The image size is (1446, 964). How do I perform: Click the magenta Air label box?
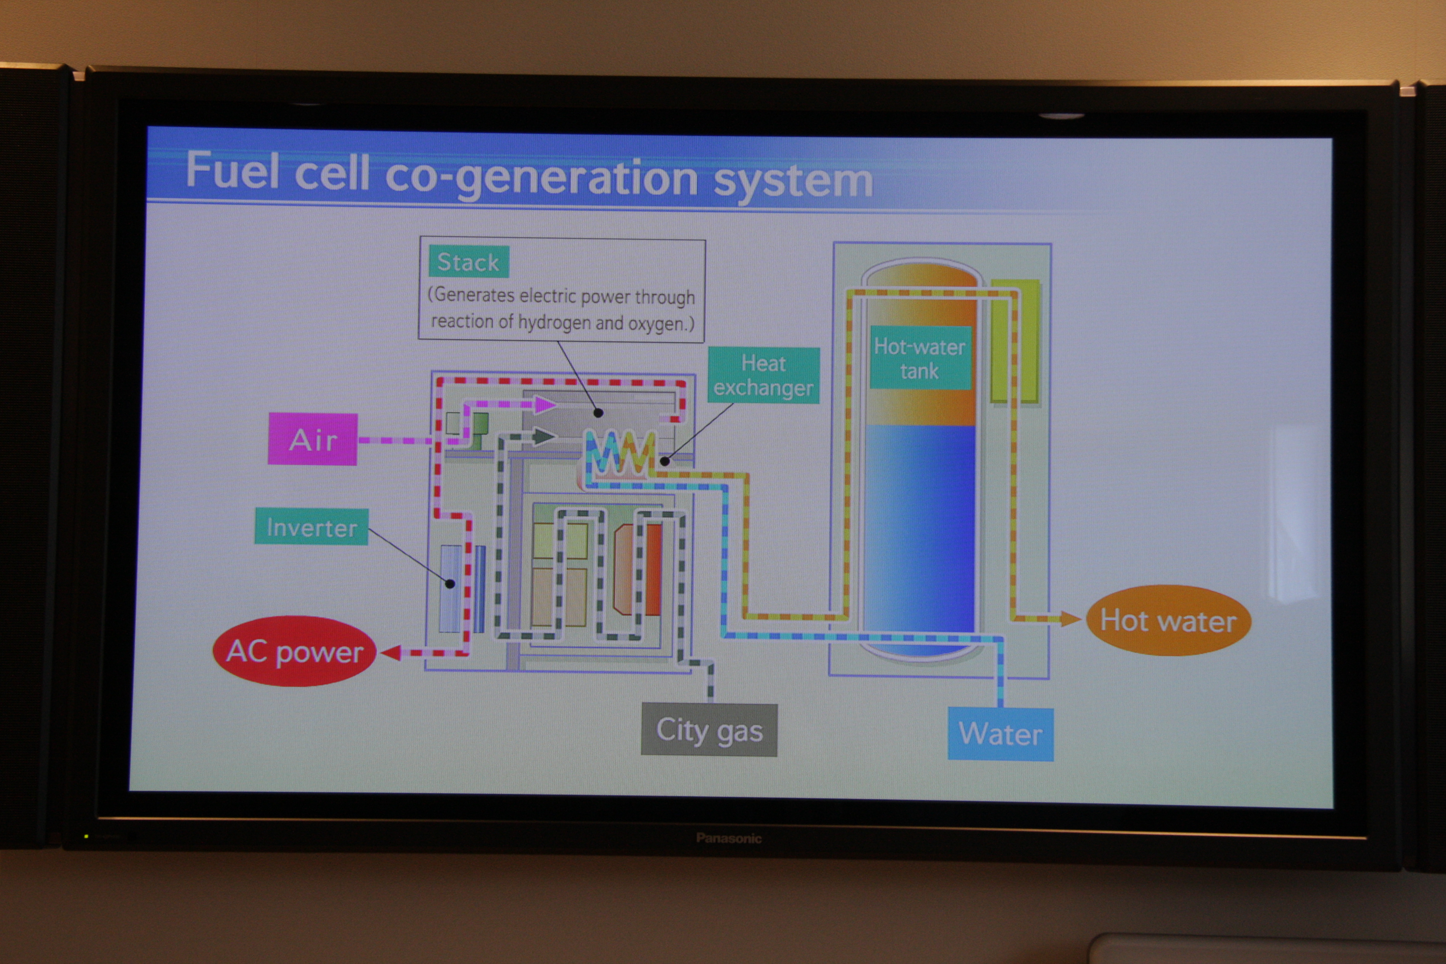pyautogui.click(x=312, y=439)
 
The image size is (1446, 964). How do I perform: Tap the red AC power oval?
pyautogui.click(x=295, y=651)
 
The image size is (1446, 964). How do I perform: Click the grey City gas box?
pyautogui.click(x=709, y=730)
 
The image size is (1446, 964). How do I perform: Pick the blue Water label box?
pyautogui.click(x=1000, y=734)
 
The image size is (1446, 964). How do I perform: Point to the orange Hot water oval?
pyautogui.click(x=1167, y=620)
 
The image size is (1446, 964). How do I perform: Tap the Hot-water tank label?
pyautogui.click(x=920, y=359)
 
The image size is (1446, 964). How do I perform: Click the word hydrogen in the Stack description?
pyautogui.click(x=554, y=322)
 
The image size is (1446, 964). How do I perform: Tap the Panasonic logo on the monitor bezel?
pyautogui.click(x=729, y=838)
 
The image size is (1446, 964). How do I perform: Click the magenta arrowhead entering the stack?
pyautogui.click(x=545, y=404)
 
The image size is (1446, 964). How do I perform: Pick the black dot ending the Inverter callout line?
pyautogui.click(x=450, y=584)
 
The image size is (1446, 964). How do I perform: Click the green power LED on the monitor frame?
pyautogui.click(x=86, y=836)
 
